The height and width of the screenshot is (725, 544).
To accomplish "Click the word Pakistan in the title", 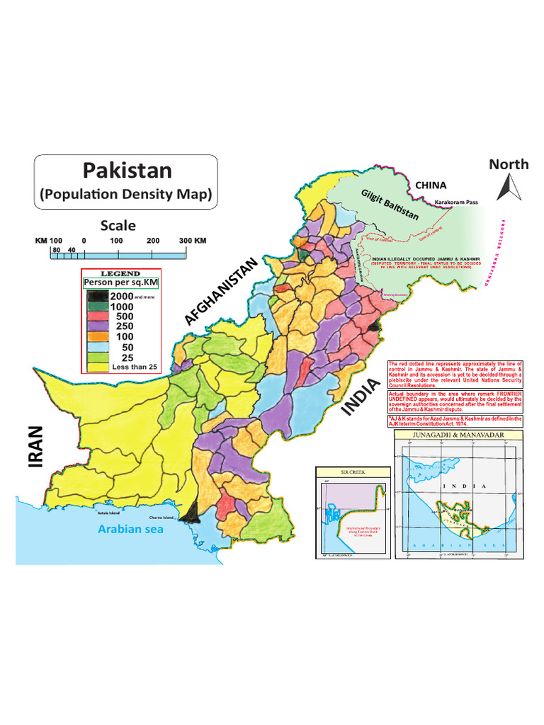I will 127,170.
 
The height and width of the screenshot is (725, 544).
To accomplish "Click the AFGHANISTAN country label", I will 220,292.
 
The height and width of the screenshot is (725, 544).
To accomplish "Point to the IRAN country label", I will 37,447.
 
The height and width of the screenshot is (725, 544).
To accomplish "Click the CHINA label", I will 431,185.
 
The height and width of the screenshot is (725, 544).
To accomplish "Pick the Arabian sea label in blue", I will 131,529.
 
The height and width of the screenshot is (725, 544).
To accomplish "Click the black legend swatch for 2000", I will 94,296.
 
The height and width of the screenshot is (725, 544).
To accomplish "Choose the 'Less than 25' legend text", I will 135,367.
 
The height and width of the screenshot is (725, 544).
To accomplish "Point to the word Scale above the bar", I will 118,226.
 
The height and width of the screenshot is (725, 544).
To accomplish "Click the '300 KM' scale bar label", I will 191,241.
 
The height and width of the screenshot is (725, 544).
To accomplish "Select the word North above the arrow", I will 509,164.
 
